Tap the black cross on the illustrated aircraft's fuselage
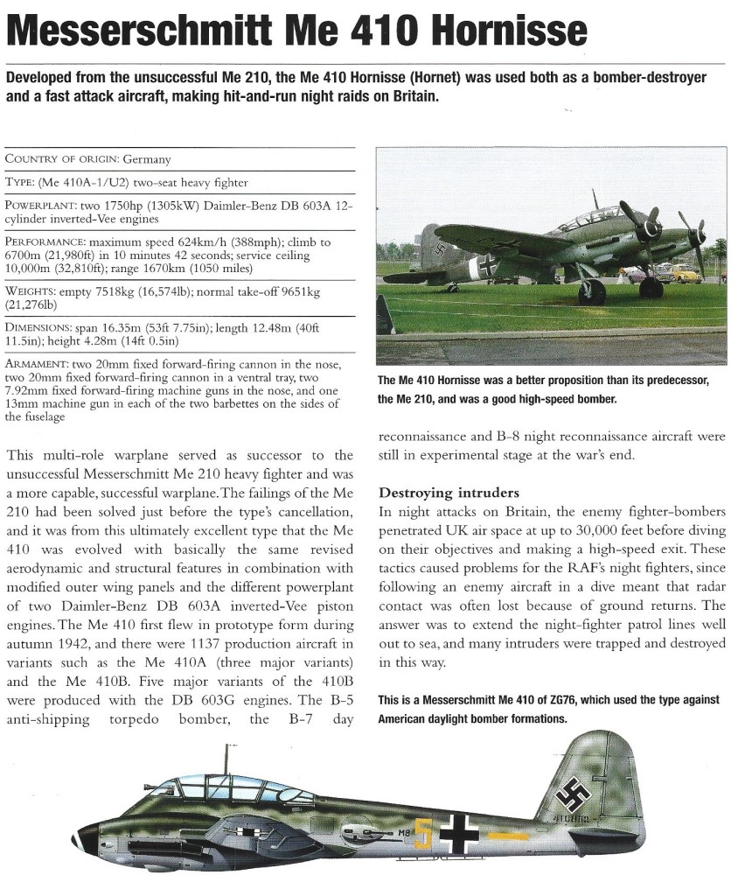click(x=458, y=834)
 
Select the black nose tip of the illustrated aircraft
click(x=82, y=837)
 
